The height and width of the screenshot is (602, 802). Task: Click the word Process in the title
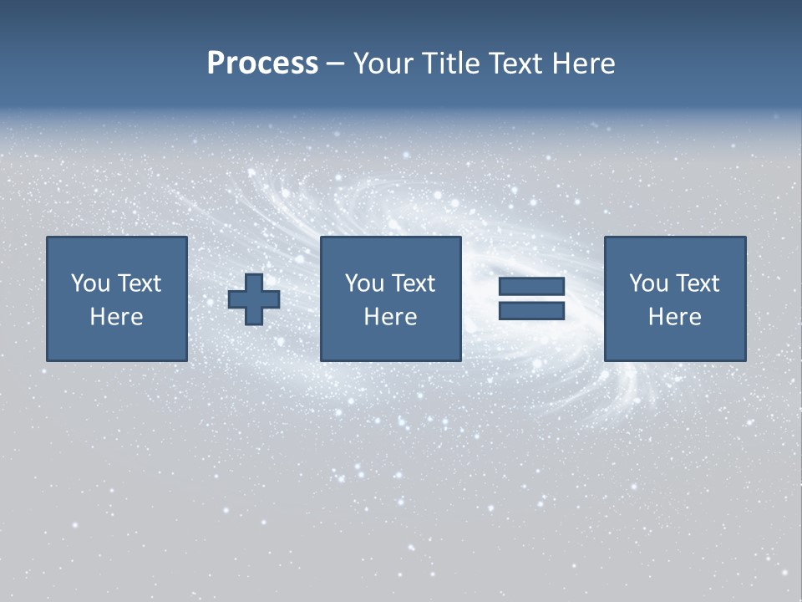click(x=262, y=64)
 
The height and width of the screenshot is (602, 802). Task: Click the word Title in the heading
click(x=449, y=64)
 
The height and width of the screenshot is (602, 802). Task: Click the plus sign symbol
click(x=254, y=299)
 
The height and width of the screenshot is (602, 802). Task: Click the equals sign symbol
click(x=531, y=298)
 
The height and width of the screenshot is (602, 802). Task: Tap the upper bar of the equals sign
click(x=531, y=287)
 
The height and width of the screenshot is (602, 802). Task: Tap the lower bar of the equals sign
click(x=531, y=311)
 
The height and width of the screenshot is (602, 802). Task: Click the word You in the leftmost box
click(x=89, y=283)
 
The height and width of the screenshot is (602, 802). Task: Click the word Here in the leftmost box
click(x=116, y=317)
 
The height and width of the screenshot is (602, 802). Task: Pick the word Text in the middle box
click(x=414, y=283)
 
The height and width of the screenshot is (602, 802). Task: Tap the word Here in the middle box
click(x=390, y=317)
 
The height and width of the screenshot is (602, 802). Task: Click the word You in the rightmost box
click(x=647, y=283)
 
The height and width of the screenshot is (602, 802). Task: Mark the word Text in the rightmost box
click(x=698, y=283)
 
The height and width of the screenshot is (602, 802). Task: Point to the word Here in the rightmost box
click(x=674, y=317)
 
